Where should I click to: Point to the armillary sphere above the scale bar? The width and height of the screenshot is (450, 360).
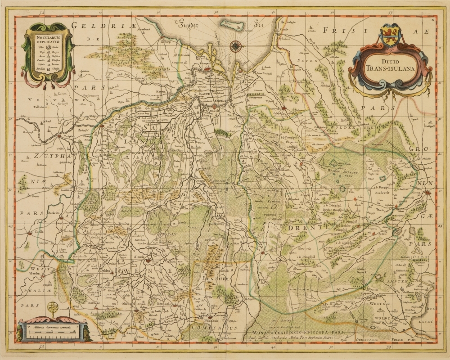pyautogui.click(x=53, y=310)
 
